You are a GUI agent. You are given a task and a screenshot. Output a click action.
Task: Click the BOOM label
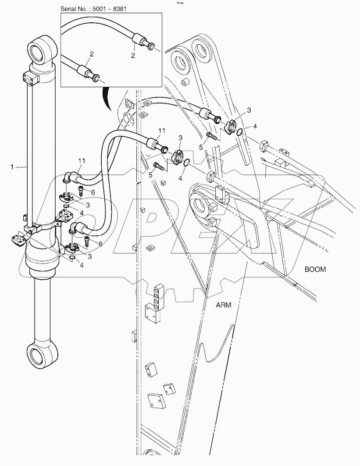(315, 269)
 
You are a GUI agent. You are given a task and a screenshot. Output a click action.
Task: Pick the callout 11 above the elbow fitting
(82, 161)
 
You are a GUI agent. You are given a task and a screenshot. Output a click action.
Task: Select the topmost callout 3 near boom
(249, 110)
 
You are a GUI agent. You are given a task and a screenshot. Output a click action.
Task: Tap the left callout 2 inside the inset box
(92, 54)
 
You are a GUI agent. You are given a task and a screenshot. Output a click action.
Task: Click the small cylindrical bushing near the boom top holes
(186, 82)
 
